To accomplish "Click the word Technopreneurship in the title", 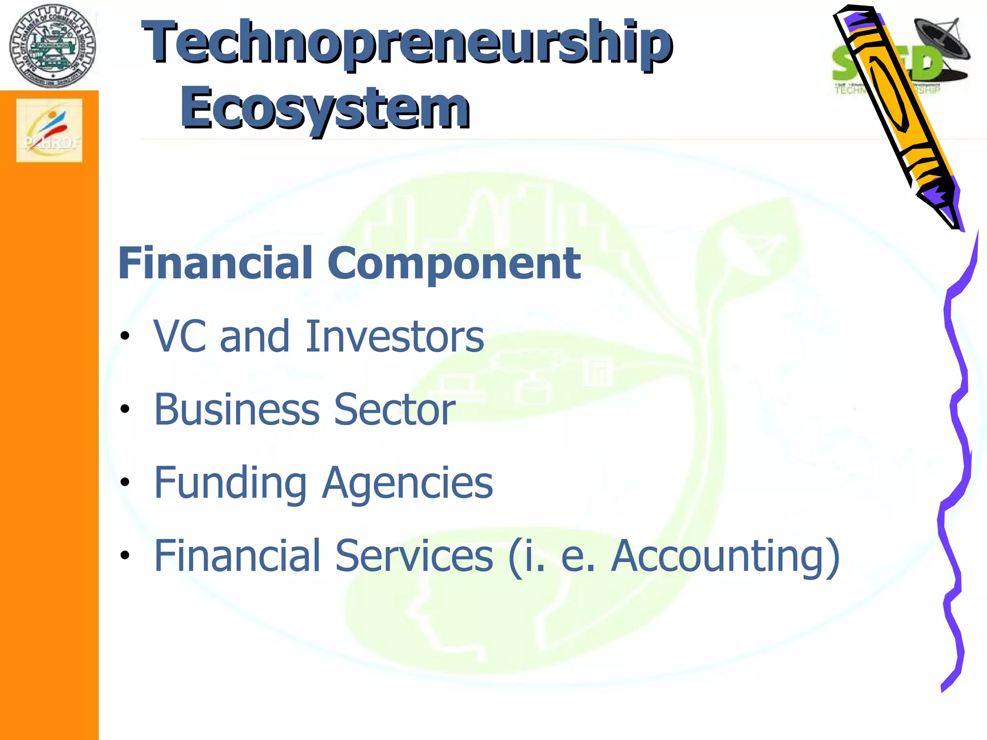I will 407,43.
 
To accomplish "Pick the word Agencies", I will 408,483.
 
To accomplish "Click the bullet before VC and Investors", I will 125,336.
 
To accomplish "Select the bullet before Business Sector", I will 125,410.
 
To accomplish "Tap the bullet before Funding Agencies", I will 125,482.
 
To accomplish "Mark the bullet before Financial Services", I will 125,555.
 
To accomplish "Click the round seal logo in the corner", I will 53,46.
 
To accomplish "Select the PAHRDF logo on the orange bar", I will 49,130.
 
